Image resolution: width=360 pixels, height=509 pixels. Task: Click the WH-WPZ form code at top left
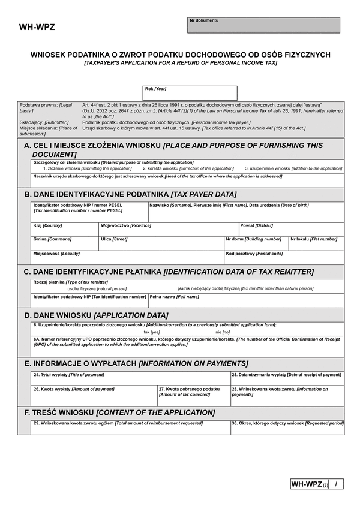tap(37, 27)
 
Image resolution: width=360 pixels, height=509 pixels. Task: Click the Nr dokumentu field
tap(263, 25)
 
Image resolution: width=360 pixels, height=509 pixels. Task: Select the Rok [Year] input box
tap(190, 93)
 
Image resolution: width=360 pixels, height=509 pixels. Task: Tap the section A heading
tap(173, 149)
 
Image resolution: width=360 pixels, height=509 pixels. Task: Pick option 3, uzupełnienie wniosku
tap(293, 168)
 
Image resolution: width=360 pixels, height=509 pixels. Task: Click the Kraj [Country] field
tap(65, 230)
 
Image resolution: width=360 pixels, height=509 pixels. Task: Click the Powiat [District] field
tap(292, 230)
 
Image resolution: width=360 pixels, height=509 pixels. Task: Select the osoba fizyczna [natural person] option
tap(88, 288)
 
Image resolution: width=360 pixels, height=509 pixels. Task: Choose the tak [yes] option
tap(151, 332)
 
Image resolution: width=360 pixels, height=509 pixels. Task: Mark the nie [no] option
tap(222, 332)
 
